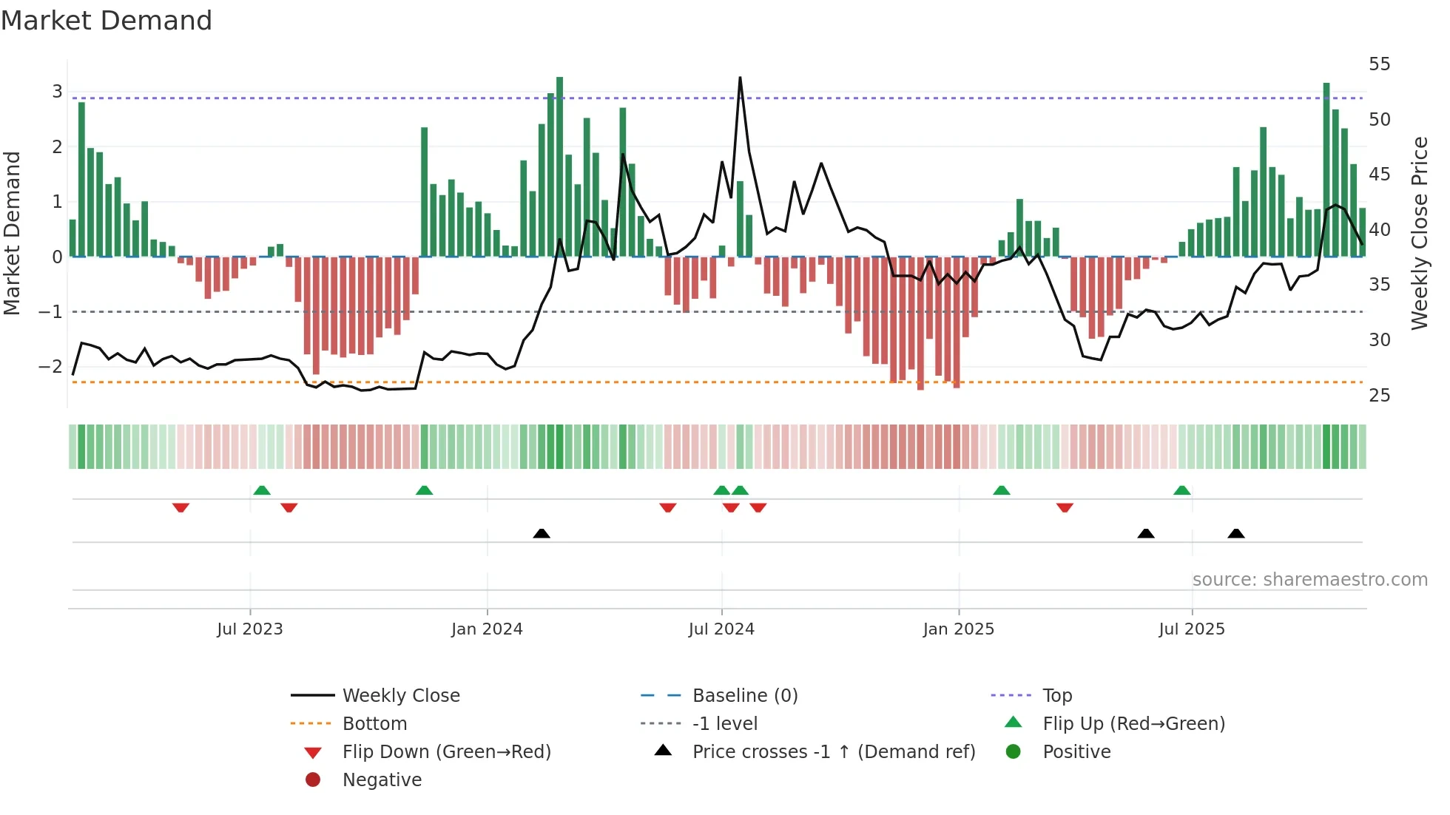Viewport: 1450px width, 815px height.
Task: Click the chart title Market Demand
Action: pyautogui.click(x=107, y=21)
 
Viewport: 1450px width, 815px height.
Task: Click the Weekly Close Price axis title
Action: pyautogui.click(x=1419, y=233)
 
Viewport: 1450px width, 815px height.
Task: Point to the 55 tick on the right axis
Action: pyautogui.click(x=1379, y=64)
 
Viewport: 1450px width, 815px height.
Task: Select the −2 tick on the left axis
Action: pyautogui.click(x=50, y=367)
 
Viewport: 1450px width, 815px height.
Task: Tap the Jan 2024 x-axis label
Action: pyautogui.click(x=487, y=629)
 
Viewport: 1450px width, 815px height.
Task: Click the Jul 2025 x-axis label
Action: pyautogui.click(x=1191, y=629)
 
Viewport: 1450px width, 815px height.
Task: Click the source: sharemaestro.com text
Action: pyautogui.click(x=1309, y=580)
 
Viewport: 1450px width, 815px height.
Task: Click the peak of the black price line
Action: pyautogui.click(x=740, y=78)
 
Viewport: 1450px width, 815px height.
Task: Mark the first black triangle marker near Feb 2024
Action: pyautogui.click(x=542, y=533)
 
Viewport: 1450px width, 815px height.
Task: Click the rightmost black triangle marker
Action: pyautogui.click(x=1235, y=533)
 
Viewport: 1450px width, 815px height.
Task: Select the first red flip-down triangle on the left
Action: pyautogui.click(x=181, y=507)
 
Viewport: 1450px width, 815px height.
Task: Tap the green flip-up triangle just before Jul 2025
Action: pyautogui.click(x=1181, y=490)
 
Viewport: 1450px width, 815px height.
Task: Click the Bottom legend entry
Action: pyautogui.click(x=374, y=724)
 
